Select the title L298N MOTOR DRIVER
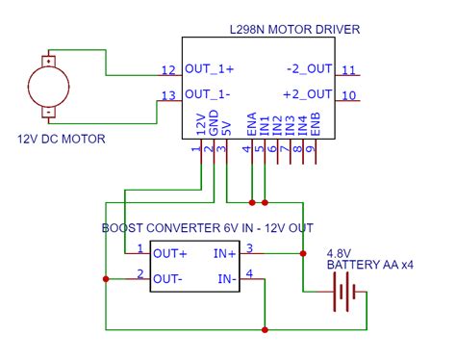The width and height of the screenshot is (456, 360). click(x=296, y=30)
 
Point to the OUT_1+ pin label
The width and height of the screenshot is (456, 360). click(x=210, y=70)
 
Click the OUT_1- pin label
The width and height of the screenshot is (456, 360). click(x=209, y=94)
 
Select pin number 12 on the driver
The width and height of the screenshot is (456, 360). click(x=169, y=70)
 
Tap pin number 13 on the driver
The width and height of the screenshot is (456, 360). click(x=169, y=94)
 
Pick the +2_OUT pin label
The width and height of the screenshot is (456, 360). click(x=308, y=94)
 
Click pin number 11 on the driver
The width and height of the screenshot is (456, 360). click(x=349, y=70)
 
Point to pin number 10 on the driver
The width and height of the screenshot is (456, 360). click(x=349, y=94)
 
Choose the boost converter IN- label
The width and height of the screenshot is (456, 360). click(x=227, y=279)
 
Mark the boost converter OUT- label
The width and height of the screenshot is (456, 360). click(x=168, y=279)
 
